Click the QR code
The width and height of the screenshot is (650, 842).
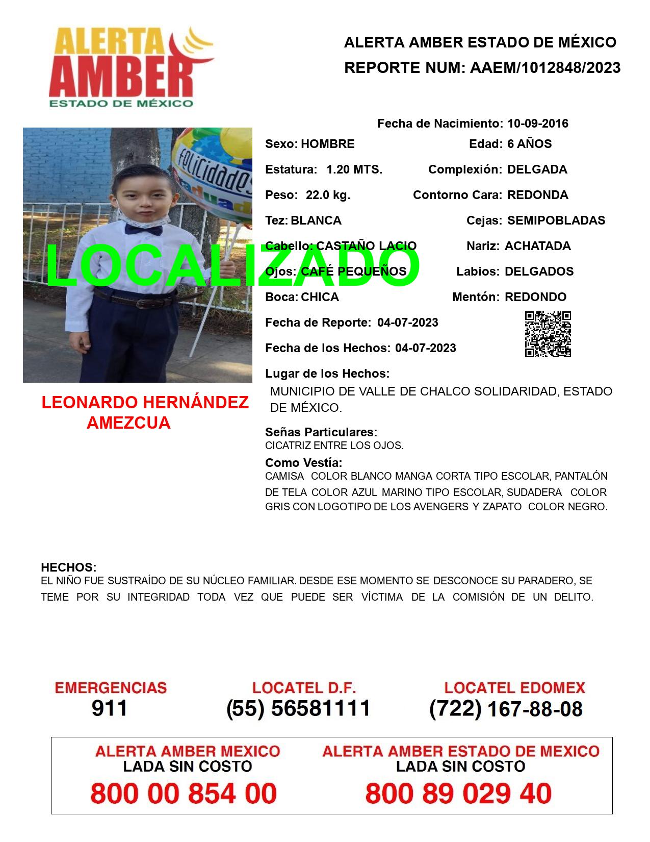[x=548, y=334]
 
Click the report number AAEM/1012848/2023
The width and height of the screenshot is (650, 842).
[x=545, y=67]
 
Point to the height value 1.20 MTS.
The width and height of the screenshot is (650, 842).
[x=354, y=169]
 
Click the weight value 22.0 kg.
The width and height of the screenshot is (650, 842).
[x=328, y=195]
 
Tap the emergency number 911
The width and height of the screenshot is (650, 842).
[x=110, y=708]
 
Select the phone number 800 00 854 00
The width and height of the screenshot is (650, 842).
[x=184, y=794]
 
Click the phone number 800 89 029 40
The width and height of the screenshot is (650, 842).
[x=458, y=794]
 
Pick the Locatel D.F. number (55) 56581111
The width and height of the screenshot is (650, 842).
[x=298, y=708]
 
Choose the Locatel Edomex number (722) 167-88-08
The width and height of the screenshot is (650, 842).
[x=506, y=709]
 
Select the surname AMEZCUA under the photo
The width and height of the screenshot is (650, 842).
[x=128, y=423]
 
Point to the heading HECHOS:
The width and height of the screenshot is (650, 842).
[x=68, y=567]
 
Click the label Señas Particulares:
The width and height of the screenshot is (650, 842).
[x=321, y=432]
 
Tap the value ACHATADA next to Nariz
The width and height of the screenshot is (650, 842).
[x=537, y=246]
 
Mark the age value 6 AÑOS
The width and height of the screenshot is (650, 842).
[x=529, y=144]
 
